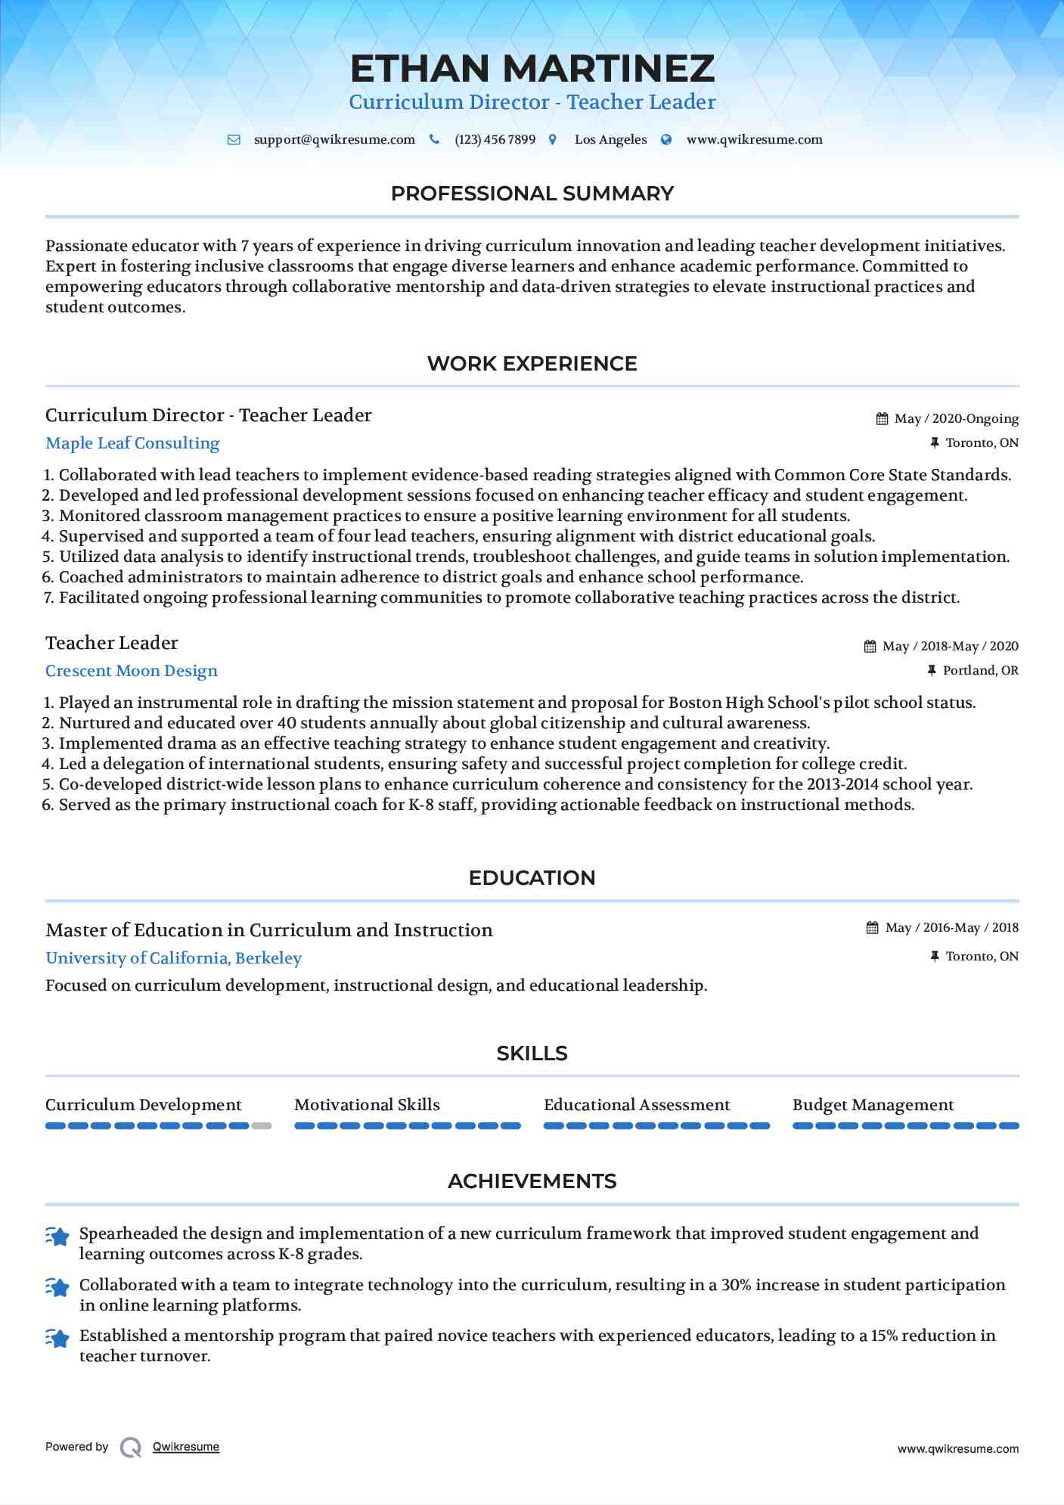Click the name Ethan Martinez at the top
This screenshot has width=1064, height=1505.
pos(532,69)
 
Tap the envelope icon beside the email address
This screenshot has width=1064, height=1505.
pos(234,140)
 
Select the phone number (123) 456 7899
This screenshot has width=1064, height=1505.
pos(495,140)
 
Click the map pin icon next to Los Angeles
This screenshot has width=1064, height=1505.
pos(553,140)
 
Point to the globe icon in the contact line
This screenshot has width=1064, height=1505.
pos(666,140)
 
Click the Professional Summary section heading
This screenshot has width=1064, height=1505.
pos(532,194)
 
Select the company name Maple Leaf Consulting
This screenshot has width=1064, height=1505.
pos(132,443)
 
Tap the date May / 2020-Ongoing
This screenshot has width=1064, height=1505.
pos(956,419)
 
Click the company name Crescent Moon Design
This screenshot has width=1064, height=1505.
pos(132,671)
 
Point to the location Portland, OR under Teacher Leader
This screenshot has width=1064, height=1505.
pos(980,671)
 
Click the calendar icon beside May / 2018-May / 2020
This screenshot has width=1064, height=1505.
pos(870,647)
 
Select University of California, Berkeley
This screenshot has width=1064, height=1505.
pos(173,958)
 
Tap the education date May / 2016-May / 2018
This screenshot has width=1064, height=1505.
pos(951,928)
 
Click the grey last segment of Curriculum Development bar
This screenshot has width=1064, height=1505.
pos(262,1126)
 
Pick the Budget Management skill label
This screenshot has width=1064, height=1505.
pos(873,1105)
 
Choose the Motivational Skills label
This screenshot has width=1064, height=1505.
pos(367,1105)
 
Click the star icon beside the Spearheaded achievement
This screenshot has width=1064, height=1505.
pos(57,1236)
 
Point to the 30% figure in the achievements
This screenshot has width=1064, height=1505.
pos(737,1285)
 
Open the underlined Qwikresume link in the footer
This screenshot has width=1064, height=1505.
pos(186,1447)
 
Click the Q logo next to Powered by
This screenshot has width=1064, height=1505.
pos(131,1448)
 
